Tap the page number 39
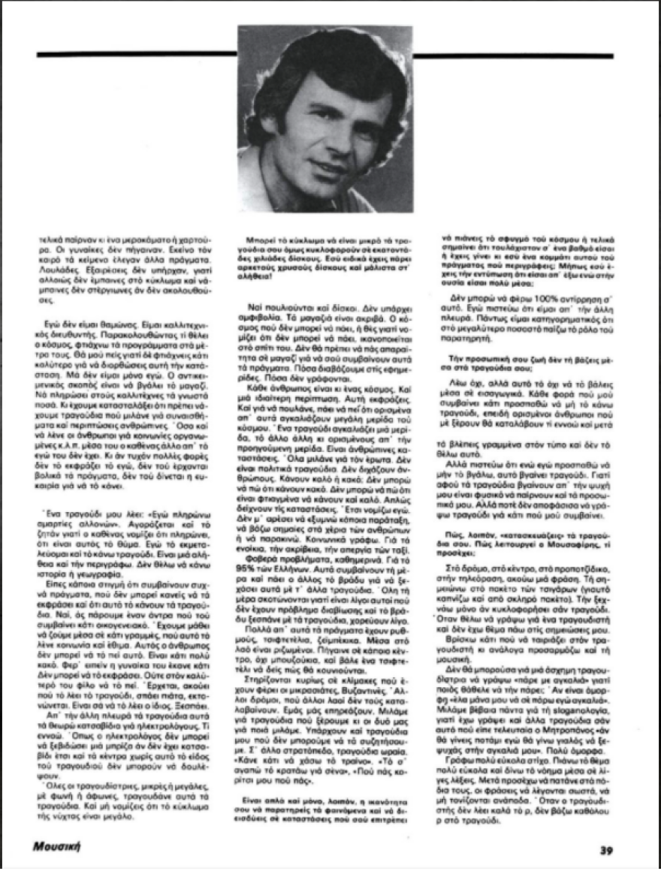tap(607, 851)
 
